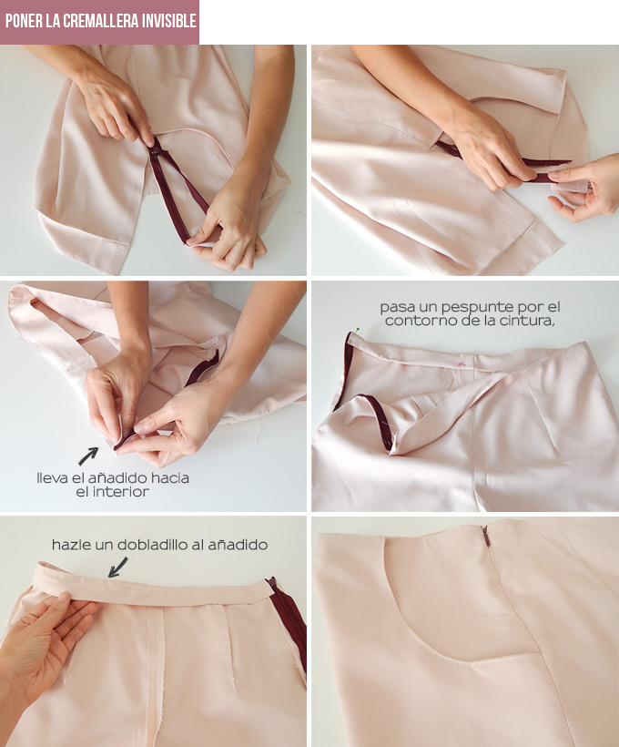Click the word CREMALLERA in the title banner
[x=99, y=22]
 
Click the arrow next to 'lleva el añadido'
[x=88, y=456]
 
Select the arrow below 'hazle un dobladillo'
[x=117, y=568]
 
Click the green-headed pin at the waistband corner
[x=357, y=329]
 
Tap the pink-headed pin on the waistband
[x=461, y=364]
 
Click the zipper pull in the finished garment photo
[x=484, y=536]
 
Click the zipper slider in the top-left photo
[x=156, y=151]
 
